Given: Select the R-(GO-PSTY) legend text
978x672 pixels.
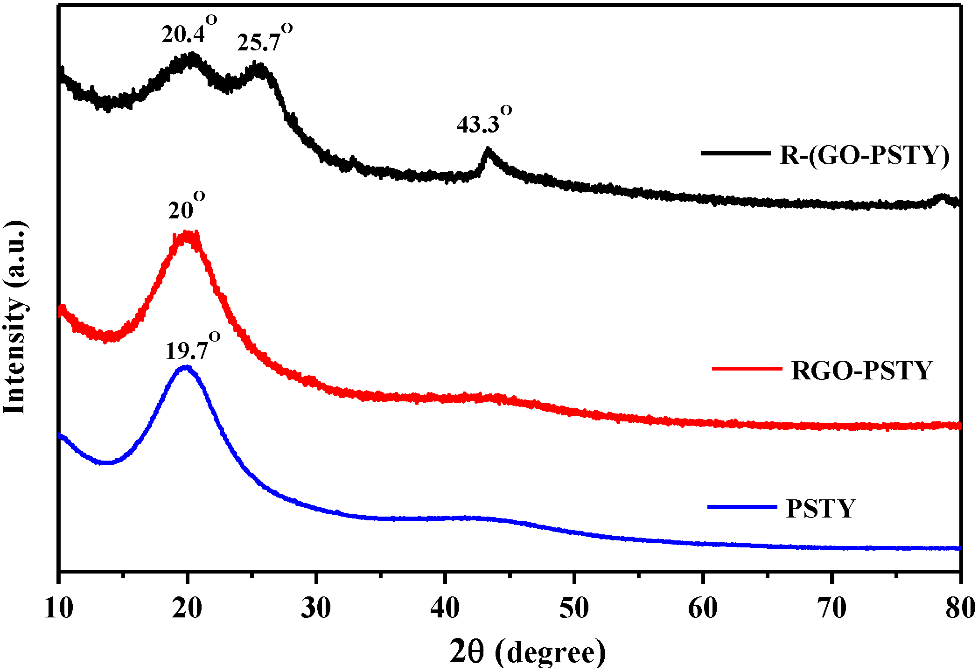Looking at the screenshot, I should (864, 155).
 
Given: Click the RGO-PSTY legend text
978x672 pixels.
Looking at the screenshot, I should (861, 371).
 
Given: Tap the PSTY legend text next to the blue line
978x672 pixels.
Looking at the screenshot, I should (820, 508).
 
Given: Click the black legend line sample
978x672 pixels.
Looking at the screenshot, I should (735, 153).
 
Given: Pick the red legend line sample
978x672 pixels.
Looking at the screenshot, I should (747, 369).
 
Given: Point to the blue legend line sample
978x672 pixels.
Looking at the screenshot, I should (742, 507).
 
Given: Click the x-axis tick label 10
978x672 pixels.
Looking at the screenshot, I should (59, 609).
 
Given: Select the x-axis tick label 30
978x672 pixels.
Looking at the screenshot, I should (316, 609).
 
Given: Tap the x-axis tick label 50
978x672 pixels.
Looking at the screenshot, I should (574, 609).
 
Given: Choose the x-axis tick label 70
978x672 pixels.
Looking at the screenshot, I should (832, 609).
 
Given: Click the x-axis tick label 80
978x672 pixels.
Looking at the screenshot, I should (959, 609).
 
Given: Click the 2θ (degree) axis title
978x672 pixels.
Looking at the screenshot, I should (527, 652).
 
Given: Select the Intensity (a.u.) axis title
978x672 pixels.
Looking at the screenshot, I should (15, 317).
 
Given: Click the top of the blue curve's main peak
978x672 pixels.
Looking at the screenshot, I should (186, 367).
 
